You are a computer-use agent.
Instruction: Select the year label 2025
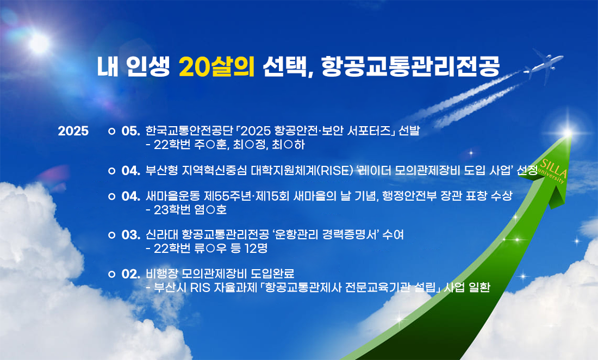pyautogui.click(x=73, y=131)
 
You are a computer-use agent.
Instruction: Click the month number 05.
pyautogui.click(x=131, y=131)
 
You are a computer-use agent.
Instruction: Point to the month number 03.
pyautogui.click(x=131, y=234)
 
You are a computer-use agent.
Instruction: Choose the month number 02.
pyautogui.click(x=131, y=274)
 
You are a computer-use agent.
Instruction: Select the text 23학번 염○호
pyautogui.click(x=190, y=210)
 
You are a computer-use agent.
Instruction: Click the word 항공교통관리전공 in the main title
pyautogui.click(x=410, y=66)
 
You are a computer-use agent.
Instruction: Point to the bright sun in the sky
pyautogui.click(x=39, y=43)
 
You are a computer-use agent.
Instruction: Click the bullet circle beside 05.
pyautogui.click(x=111, y=131)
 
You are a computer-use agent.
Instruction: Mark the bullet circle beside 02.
pyautogui.click(x=111, y=274)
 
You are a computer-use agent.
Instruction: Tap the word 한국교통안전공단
pyautogui.click(x=189, y=131)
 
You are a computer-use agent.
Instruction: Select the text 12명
pyautogui.click(x=256, y=249)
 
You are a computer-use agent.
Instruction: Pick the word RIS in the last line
pyautogui.click(x=200, y=288)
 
